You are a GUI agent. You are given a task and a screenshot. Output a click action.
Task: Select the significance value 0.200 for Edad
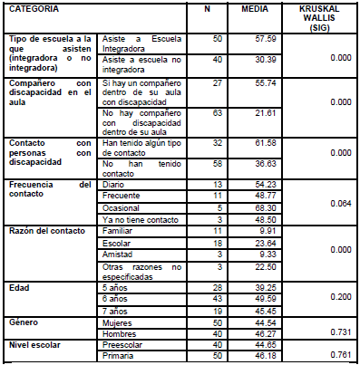[340, 295]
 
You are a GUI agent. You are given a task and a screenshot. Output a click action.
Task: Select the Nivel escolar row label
[34, 342]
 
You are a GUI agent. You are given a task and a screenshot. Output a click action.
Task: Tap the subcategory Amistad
[118, 255]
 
